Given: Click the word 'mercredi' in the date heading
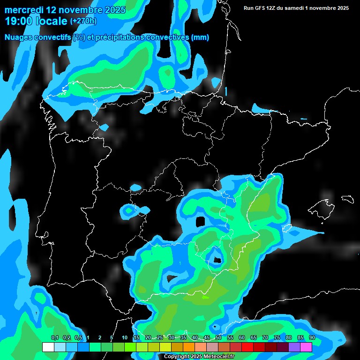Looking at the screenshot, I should coord(24,10).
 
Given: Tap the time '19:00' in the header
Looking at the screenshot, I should coord(19,21).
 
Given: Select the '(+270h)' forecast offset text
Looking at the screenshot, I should coord(83,21).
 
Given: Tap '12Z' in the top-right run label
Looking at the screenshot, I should coord(273,8).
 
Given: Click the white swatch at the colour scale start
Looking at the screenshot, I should coord(48,347).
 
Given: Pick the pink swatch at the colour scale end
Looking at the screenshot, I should coord(306,347).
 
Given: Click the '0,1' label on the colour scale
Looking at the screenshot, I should coord(55,338).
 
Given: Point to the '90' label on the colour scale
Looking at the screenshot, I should coord(312,338).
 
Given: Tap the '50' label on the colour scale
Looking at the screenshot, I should coord(218,338).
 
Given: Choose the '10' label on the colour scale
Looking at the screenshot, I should coord(125,338).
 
